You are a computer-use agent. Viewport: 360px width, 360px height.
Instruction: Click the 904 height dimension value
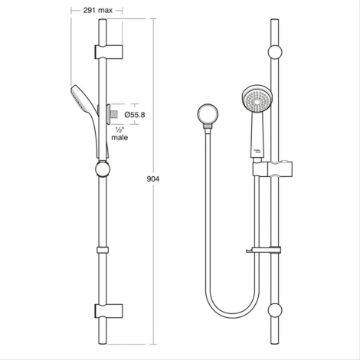153,179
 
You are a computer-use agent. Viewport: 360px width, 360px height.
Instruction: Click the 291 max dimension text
97,10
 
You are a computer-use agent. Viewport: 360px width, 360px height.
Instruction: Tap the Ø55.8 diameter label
135,115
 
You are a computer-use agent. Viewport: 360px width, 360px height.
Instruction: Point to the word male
120,137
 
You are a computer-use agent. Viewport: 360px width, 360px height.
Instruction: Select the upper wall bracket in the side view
109,52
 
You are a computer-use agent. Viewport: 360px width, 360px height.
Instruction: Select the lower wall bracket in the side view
109,311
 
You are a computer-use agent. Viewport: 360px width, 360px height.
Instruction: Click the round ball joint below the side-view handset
103,169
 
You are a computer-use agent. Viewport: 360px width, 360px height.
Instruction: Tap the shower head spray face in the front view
257,98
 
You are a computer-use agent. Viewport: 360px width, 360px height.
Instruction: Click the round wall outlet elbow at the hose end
208,114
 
